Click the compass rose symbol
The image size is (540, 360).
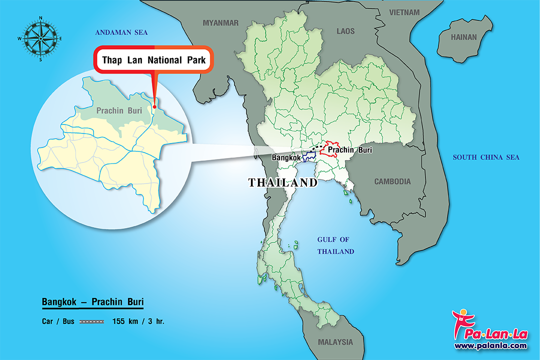pos(40,38)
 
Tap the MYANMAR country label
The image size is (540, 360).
pos(220,22)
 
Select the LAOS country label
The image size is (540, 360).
pos(345,31)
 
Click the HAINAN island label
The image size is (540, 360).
pos(464,37)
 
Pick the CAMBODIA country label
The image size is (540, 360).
pos(392,181)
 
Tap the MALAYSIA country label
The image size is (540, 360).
pos(335,342)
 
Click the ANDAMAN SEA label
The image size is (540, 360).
pos(122,32)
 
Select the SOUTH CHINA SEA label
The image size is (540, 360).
pos(486,157)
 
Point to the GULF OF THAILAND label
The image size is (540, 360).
pos(335,245)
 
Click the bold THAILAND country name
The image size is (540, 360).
pos(283,183)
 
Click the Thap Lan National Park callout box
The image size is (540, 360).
pos(154,60)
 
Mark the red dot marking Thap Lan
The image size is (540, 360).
pos(155,106)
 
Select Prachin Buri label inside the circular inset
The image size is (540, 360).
pos(118,110)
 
